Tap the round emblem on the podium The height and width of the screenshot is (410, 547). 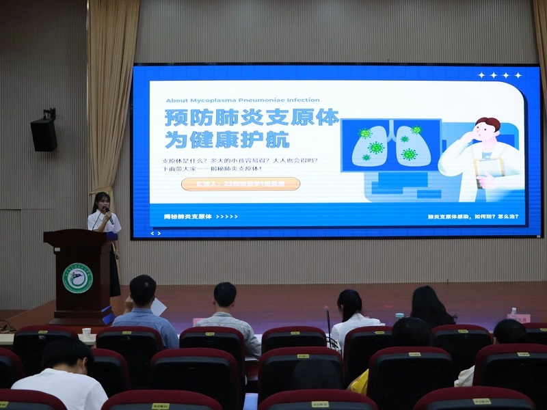(x=77, y=278)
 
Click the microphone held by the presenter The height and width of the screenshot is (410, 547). (x=108, y=213)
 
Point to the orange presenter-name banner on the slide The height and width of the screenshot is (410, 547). (x=241, y=184)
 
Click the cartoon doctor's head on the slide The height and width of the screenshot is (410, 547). (x=487, y=130)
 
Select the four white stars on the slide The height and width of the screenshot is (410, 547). (x=500, y=75)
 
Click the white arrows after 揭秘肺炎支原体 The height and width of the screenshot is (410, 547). (x=227, y=217)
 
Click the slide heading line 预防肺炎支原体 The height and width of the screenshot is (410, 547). (x=252, y=118)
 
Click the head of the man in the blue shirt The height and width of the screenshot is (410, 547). (x=143, y=290)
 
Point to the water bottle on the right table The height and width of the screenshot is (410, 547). (x=512, y=313)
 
